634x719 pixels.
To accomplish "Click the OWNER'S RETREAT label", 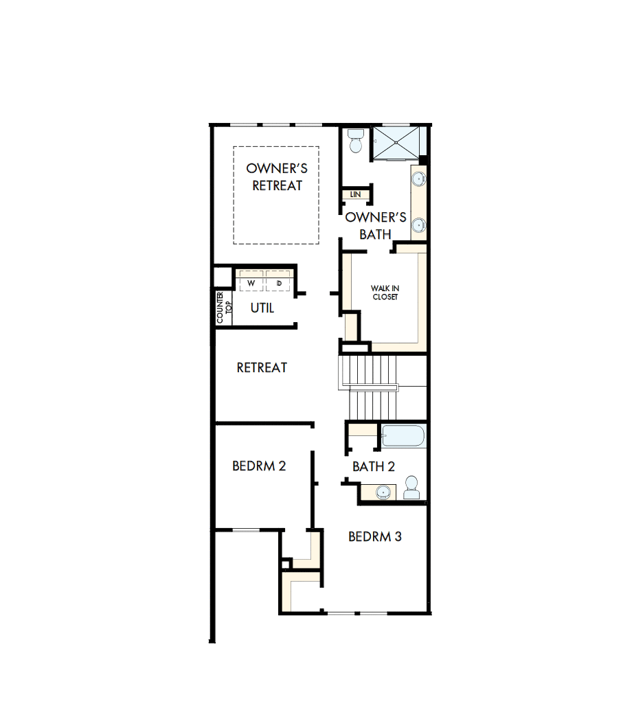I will [x=277, y=176].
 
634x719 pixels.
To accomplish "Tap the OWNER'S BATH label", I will [x=376, y=226].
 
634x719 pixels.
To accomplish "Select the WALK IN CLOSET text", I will [x=385, y=293].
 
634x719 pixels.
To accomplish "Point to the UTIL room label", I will [x=262, y=308].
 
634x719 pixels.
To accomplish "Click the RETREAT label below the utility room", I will [x=262, y=368].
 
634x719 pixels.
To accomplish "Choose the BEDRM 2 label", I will [x=259, y=466].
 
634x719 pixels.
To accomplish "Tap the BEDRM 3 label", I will [x=375, y=536].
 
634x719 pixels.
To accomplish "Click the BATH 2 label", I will [x=374, y=467].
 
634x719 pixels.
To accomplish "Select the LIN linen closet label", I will [x=355, y=194].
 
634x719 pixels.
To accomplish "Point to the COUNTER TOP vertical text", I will [x=225, y=307].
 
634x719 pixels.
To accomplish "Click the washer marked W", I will [x=251, y=283].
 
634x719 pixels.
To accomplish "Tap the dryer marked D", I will [x=279, y=283].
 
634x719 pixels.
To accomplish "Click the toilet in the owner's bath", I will [x=356, y=141].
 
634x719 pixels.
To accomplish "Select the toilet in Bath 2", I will [x=412, y=488].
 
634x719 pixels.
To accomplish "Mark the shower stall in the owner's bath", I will [x=398, y=143].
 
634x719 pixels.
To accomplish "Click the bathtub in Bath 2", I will [x=404, y=436].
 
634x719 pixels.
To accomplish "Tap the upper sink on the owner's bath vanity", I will [x=418, y=180].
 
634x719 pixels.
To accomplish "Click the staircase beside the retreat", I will [x=369, y=387].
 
